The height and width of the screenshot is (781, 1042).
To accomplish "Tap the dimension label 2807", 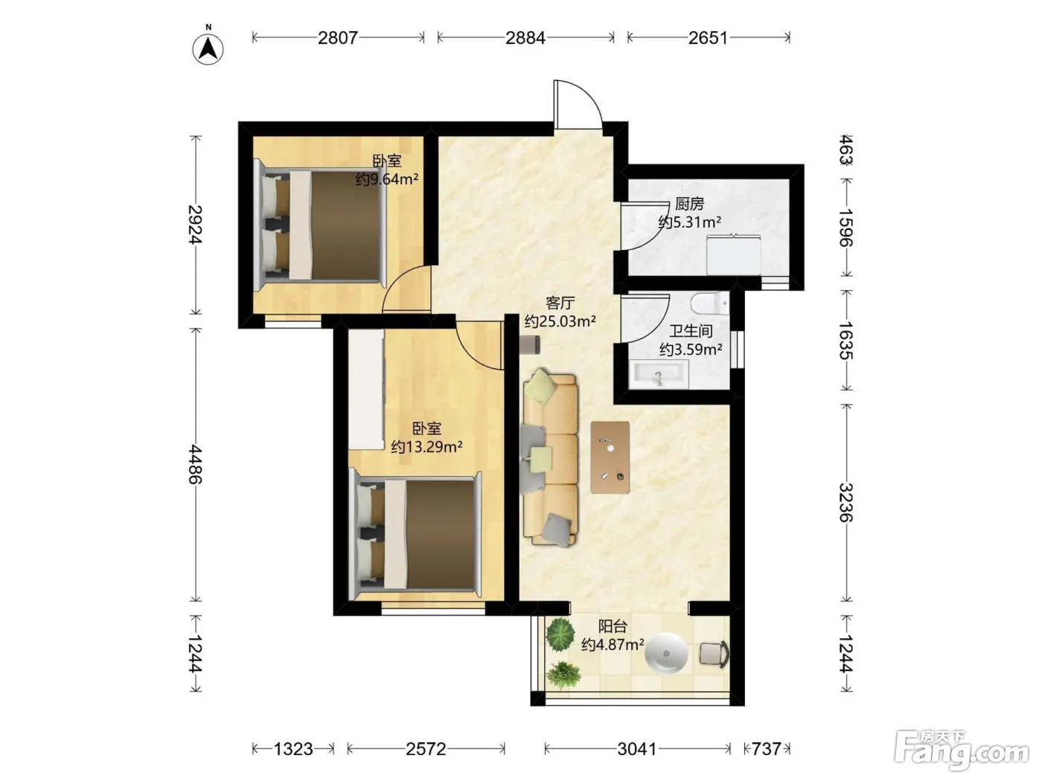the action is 337,38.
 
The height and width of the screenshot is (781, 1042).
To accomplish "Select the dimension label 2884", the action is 525,38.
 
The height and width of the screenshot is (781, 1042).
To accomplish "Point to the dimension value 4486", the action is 195,464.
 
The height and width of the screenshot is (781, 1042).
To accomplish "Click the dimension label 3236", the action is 846,503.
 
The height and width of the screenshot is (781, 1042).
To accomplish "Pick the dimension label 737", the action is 767,749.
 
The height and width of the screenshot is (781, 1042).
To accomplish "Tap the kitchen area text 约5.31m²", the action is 690,222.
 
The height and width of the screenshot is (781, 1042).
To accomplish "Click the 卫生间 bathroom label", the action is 691,331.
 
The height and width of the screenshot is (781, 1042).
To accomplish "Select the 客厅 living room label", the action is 560,303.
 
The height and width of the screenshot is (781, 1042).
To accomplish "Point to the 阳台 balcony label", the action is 613,626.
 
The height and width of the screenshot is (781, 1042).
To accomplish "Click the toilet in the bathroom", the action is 710,303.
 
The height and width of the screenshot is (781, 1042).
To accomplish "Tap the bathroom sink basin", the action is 659,375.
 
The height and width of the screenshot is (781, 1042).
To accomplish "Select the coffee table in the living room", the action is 610,457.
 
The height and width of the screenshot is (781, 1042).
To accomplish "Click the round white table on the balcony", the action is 666,654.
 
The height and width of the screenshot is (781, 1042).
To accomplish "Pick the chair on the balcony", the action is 714,655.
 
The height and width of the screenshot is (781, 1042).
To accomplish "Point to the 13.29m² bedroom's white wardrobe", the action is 366,389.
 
